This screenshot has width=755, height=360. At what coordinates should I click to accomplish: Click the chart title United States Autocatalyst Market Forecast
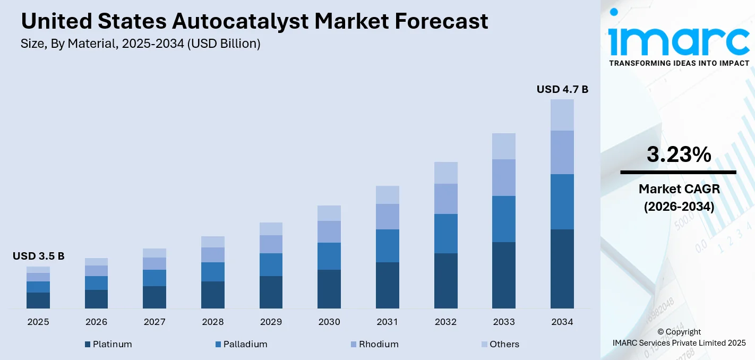coord(254,21)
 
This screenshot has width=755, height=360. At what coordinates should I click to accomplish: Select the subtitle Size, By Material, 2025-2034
coord(141,44)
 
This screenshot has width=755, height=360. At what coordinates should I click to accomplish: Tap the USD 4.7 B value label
coord(562,89)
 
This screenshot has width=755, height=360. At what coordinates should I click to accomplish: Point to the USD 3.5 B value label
coord(38,256)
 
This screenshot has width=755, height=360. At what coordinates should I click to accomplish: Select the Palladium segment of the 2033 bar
coord(504,219)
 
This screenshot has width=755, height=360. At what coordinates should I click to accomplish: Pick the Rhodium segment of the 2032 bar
coord(445,199)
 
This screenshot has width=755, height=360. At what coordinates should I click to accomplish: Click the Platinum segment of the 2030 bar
coord(329,289)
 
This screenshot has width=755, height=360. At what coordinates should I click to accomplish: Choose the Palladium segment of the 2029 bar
coord(271,264)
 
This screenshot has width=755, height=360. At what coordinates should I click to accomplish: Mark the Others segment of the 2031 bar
coord(388,195)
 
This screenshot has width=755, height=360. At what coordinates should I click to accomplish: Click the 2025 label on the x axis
coord(38,322)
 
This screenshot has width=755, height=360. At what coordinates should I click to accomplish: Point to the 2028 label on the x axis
coord(213,322)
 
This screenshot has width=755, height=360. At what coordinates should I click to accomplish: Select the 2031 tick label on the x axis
coord(388,322)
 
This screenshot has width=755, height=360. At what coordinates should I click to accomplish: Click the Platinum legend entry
coord(108,344)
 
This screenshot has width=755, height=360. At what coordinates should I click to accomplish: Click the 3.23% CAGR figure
coord(678,155)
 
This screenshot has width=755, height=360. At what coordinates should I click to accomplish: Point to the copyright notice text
coord(679,337)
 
